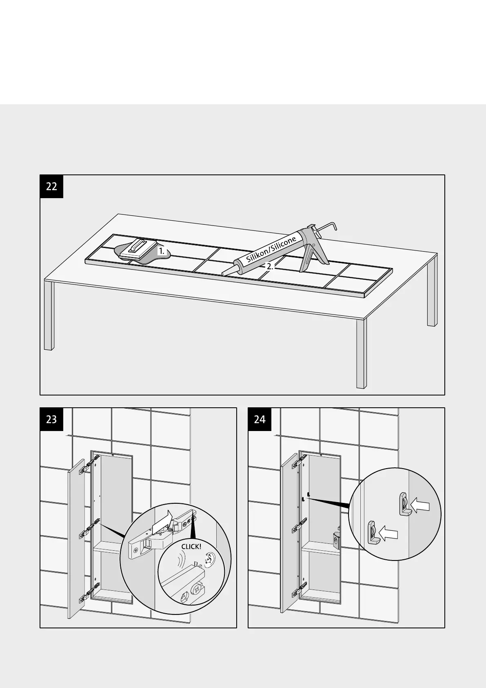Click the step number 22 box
pos(51,187)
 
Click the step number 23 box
pos(51,419)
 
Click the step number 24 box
pos(260,419)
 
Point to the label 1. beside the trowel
pos(162,251)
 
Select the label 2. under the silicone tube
pos(270,266)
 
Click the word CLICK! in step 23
pos(191,547)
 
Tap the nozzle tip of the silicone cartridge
pos(223,273)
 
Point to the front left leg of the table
pos(49,317)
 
